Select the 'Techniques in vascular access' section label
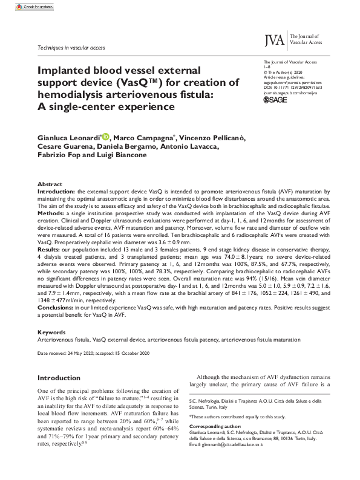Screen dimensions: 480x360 coord(71,47)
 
